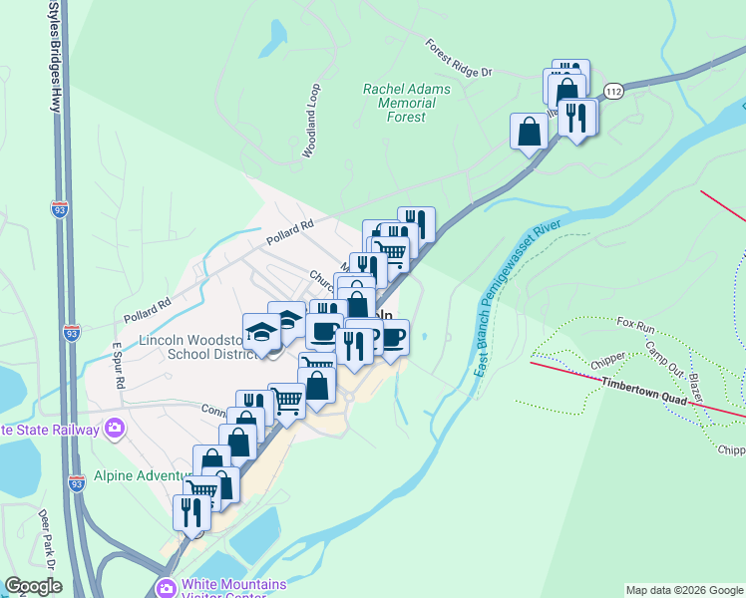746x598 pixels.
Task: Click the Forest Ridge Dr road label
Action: click(459, 59)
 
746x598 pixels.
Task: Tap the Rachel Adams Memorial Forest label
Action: click(406, 103)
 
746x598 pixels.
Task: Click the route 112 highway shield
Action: click(614, 91)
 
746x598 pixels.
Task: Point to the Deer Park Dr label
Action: click(44, 533)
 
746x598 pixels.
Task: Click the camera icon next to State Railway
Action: click(116, 430)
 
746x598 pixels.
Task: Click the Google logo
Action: click(33, 585)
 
